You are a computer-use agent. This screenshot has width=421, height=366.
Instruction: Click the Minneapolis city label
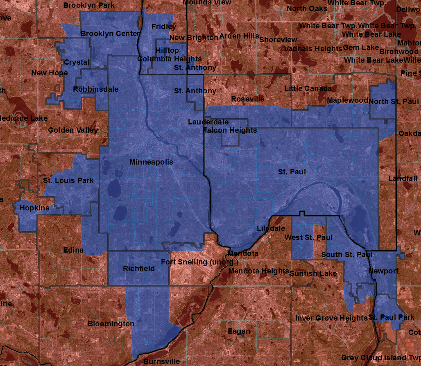click(x=151, y=162)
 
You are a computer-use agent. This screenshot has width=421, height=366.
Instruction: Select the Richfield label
click(x=139, y=269)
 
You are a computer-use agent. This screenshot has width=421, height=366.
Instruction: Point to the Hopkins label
click(x=34, y=208)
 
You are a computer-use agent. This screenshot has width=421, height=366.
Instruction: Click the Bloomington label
click(x=111, y=324)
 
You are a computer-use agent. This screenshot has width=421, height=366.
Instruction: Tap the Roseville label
click(x=247, y=99)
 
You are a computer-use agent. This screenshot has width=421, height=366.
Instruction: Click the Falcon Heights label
click(x=230, y=130)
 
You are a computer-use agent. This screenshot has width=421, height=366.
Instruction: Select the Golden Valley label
click(x=73, y=130)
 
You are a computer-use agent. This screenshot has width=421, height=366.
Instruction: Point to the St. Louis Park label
click(x=68, y=180)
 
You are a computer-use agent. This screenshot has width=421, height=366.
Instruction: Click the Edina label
click(x=74, y=250)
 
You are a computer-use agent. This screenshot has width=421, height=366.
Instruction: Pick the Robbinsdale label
click(x=96, y=89)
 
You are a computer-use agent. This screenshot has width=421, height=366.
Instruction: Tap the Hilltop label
click(x=167, y=50)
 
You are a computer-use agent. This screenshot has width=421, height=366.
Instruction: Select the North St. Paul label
click(x=394, y=101)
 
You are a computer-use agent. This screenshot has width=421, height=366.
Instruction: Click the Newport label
click(x=383, y=271)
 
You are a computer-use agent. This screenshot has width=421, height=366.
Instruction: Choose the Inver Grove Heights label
click(x=331, y=318)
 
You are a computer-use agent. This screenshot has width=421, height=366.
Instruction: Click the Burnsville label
click(x=161, y=361)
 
